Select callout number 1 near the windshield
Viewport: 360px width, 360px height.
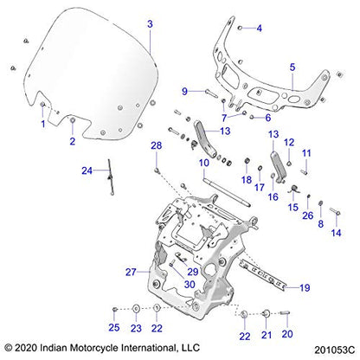point(42,124)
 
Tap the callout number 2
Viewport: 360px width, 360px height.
point(73,139)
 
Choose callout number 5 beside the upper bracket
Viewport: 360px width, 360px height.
point(292,67)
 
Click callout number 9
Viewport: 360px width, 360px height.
point(184,91)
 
